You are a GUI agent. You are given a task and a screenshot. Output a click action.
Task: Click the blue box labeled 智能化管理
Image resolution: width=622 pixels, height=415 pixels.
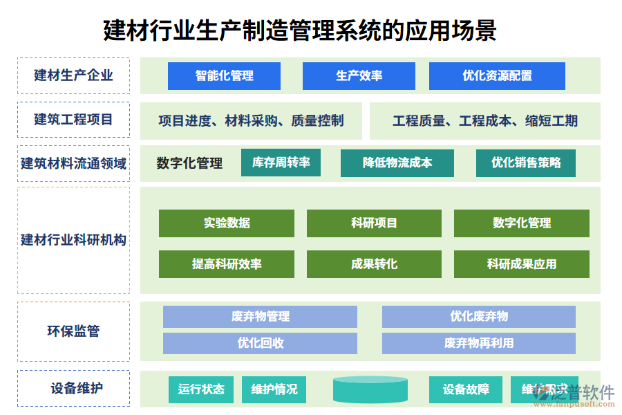224,76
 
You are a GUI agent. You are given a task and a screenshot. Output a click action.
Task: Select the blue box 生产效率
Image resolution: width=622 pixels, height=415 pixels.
359,76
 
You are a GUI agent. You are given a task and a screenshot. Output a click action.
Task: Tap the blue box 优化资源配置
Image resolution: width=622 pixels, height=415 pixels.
497,76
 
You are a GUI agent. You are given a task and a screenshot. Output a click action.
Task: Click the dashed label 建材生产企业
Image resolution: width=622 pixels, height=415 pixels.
73,75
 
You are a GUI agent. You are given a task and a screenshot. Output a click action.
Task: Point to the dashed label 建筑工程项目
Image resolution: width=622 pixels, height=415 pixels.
73,120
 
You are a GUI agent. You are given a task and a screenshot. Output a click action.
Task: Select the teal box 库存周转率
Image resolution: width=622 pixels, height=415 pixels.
281,163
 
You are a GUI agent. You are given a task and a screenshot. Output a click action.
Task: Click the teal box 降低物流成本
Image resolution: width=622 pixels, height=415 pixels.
397,163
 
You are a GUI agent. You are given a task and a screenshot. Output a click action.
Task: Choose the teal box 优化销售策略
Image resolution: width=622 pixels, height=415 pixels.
525,163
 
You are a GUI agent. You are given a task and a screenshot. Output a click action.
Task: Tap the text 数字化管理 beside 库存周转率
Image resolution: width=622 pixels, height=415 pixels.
189,163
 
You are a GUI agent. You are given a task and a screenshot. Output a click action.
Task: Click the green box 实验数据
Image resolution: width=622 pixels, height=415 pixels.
226,223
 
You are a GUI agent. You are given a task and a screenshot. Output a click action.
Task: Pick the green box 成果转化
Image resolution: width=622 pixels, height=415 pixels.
374,264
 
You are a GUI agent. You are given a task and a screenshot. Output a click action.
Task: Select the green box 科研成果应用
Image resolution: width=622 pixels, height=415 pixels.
521,264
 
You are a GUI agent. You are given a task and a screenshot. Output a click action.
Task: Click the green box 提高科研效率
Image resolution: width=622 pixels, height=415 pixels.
226,264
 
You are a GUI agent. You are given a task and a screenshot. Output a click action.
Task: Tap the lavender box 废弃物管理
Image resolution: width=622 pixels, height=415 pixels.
260,317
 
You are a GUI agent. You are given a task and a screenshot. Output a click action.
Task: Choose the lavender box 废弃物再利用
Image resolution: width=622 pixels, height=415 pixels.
478,343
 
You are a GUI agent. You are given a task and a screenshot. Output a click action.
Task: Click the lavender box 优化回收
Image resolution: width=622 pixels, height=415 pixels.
260,343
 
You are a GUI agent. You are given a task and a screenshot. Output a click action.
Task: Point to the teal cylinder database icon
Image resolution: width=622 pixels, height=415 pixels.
370,389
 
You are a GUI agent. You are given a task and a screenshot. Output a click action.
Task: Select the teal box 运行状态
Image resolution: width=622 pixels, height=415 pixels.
200,389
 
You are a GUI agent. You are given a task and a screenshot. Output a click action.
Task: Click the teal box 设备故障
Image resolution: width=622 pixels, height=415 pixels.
466,389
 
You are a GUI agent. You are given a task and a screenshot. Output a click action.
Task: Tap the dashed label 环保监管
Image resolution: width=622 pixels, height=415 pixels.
73,331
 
